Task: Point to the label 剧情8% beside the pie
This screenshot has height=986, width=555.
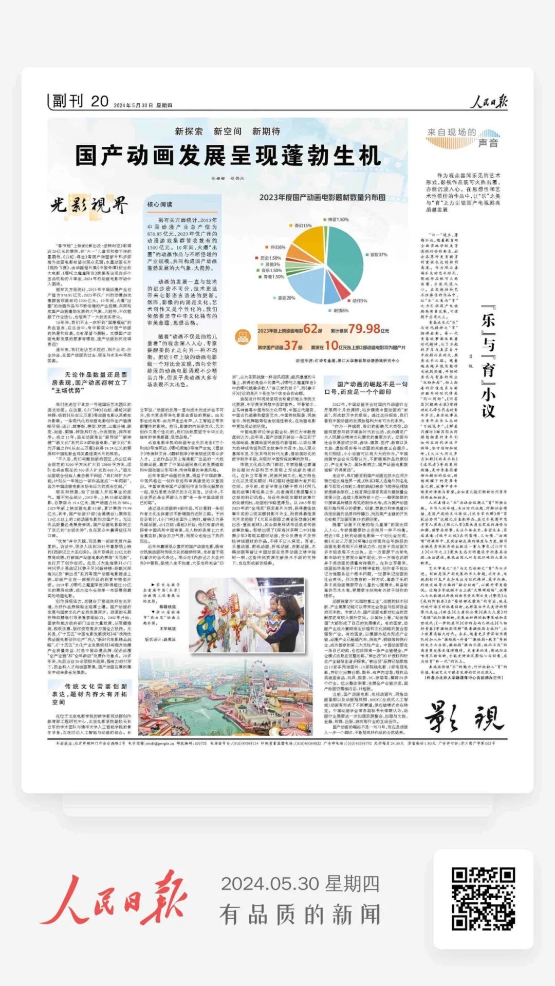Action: [x=341, y=311]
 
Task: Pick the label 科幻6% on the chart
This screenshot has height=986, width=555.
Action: [x=278, y=247]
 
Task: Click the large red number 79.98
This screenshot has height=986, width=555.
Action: [x=364, y=329]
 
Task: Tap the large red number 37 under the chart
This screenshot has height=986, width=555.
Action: [x=291, y=346]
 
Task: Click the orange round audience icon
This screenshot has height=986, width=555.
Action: [x=243, y=337]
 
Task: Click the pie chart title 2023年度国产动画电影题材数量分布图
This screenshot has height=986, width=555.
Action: [x=322, y=197]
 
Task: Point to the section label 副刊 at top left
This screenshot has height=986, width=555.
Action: [x=67, y=102]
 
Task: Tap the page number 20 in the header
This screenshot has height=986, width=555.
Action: [x=100, y=102]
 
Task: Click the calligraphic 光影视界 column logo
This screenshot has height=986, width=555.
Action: [x=88, y=205]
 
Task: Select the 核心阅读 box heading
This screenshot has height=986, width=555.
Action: [x=160, y=204]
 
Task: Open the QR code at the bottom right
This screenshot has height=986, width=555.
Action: [x=483, y=899]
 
